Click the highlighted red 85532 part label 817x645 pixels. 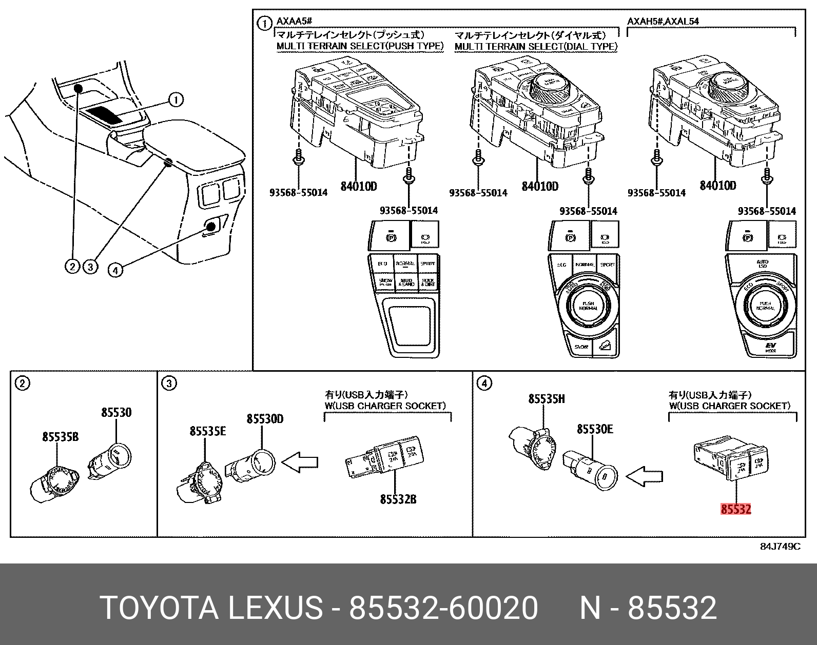[x=736, y=509]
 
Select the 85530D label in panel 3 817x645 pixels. [x=265, y=419]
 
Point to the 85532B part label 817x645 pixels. [x=398, y=499]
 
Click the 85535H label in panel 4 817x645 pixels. [x=547, y=398]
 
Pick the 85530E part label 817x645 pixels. [x=595, y=429]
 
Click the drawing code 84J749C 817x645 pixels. [x=780, y=547]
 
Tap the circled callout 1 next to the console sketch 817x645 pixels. [x=176, y=99]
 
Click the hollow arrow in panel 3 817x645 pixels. [x=301, y=462]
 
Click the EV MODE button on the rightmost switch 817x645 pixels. [x=770, y=349]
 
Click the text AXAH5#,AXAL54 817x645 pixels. [x=663, y=22]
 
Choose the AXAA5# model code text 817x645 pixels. [x=295, y=22]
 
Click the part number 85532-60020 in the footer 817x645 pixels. [x=443, y=608]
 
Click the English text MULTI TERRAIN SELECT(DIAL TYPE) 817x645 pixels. [x=536, y=46]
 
